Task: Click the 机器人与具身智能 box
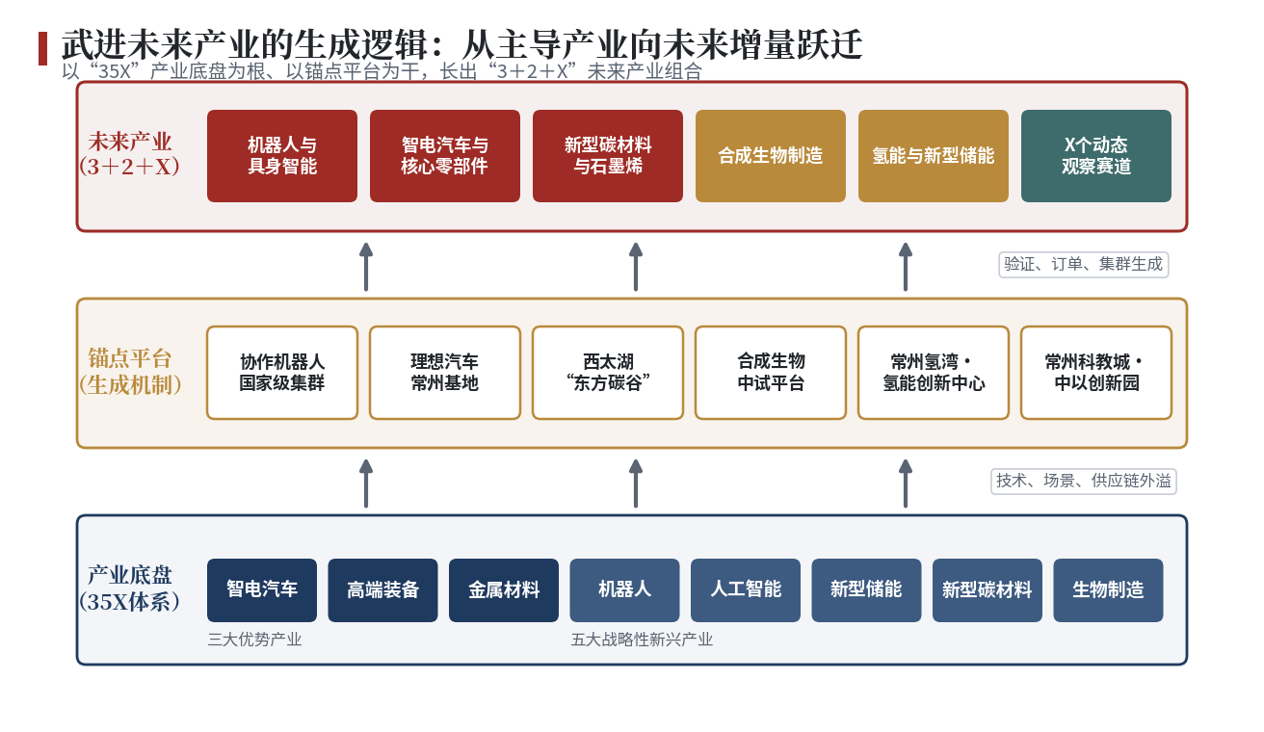pos(282,156)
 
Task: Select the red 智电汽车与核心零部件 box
pos(445,156)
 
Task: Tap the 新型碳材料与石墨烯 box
pos(608,156)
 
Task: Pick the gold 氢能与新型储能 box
pos(934,156)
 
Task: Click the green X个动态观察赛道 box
pos(1095,156)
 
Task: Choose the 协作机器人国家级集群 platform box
pos(282,373)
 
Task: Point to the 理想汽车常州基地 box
pos(445,373)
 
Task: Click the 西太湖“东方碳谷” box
pos(608,373)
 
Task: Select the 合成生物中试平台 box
pos(771,373)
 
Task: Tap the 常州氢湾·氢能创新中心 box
pos(934,373)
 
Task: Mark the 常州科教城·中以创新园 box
pos(1096,373)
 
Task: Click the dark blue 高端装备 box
pos(382,590)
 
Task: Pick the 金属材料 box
pos(504,590)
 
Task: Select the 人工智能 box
pos(746,590)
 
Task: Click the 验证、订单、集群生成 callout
pos(1084,265)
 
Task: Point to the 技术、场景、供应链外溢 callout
pos(1084,481)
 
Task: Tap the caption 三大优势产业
pos(254,640)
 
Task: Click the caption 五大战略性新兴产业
pos(642,640)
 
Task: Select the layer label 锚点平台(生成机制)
pos(130,372)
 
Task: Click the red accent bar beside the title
pos(43,48)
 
